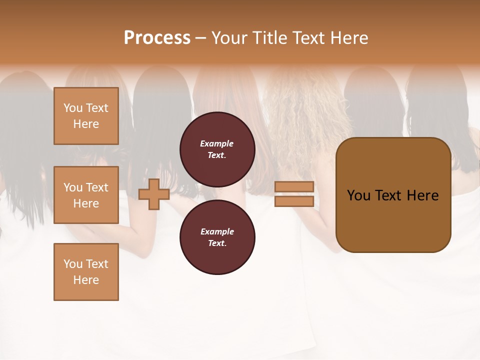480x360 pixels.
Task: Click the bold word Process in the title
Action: [157, 38]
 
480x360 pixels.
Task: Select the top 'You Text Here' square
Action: [86, 116]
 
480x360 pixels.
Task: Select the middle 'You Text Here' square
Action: [86, 195]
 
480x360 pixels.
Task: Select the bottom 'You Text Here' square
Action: [86, 272]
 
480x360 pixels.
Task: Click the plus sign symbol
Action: [154, 194]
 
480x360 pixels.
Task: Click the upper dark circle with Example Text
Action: [217, 149]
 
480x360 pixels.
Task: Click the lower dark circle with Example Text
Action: [217, 237]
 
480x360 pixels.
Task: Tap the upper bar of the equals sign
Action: [294, 186]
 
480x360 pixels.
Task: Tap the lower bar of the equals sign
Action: [294, 201]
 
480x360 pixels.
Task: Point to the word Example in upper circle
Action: [216, 143]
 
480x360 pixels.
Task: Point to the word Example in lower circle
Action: [216, 231]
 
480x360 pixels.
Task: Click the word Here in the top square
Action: [86, 124]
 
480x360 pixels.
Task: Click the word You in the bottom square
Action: [72, 264]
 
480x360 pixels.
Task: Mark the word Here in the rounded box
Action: [422, 195]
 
